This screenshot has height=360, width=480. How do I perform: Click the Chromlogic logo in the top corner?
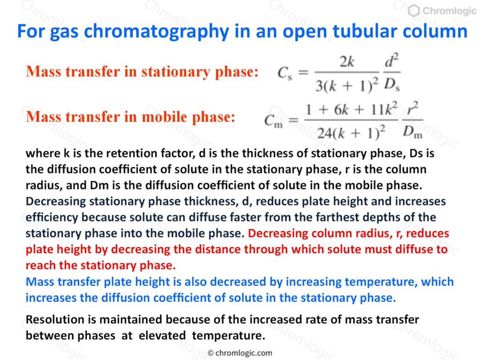[x=442, y=11]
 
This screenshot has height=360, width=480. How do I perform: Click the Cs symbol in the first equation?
[x=285, y=73]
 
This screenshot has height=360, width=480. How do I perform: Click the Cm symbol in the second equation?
[x=273, y=121]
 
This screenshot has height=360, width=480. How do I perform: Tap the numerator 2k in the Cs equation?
[x=346, y=62]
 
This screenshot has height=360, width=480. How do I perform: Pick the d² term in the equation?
[x=392, y=60]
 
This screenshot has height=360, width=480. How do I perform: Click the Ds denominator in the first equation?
[x=392, y=84]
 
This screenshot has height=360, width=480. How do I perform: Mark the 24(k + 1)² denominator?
[x=351, y=133]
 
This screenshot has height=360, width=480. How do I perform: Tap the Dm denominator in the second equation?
[x=412, y=132]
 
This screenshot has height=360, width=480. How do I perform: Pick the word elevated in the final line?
[x=162, y=336]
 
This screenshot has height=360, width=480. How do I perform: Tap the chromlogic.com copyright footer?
[x=240, y=353]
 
